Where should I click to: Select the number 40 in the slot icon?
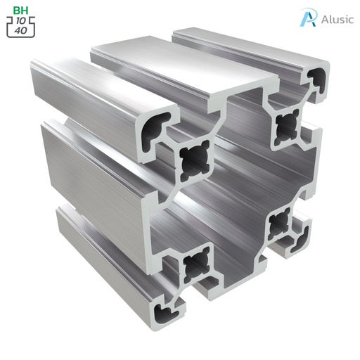click(x=22, y=30)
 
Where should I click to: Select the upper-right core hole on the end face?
click(x=286, y=127)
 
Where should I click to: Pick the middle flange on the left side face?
click(x=91, y=169)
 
